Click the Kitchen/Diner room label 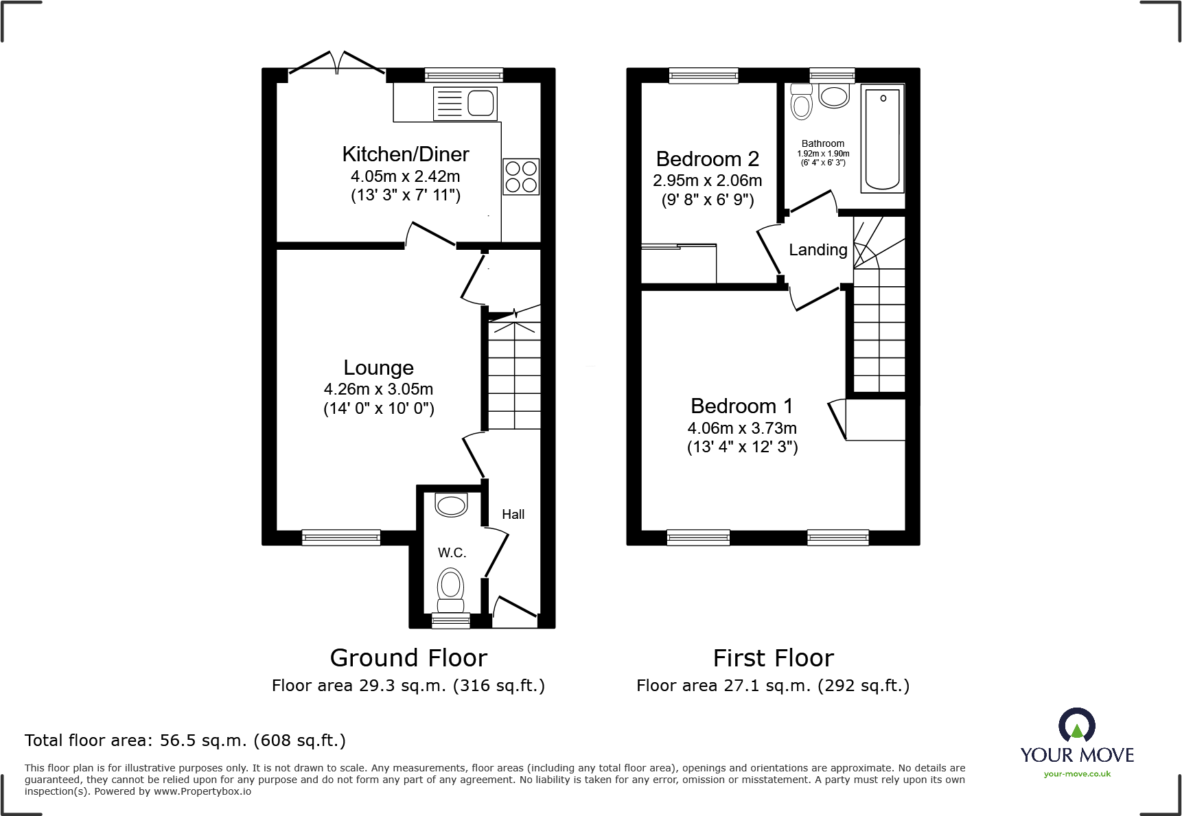405,154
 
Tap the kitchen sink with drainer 465,104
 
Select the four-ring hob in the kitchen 520,176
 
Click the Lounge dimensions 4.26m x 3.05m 378,389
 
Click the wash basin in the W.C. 451,506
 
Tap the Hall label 513,515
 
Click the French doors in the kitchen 336,63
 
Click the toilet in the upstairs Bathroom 801,102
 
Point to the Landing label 818,250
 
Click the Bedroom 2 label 707,159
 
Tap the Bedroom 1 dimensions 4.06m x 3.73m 742,428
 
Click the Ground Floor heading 408,658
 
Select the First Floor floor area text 772,686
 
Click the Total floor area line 185,741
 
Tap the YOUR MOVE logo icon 1076,725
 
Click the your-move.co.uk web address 1077,774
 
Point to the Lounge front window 341,537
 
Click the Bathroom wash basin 834,96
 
